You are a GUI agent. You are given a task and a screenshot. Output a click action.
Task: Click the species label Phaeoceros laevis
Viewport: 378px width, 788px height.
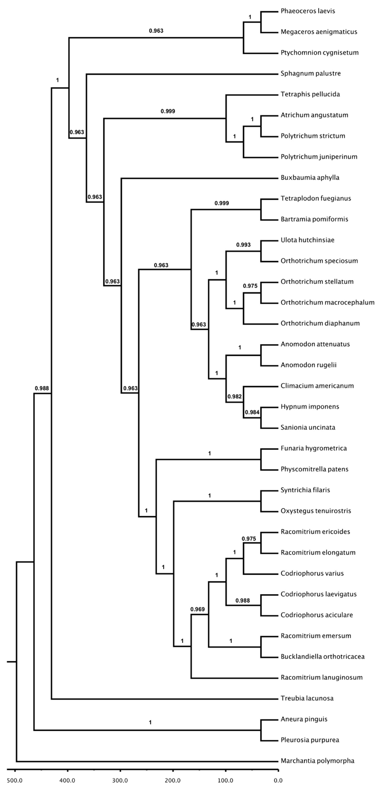[x=308, y=11]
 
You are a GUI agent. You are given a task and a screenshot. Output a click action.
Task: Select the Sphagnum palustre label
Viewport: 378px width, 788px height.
[x=310, y=73]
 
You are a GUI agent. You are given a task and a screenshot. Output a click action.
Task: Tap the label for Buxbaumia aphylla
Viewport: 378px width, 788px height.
[x=310, y=177]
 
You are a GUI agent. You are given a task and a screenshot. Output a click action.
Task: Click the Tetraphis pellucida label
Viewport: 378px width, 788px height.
[x=310, y=94]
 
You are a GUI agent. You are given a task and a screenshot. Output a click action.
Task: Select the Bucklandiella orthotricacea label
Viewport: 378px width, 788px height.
[x=322, y=656]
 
